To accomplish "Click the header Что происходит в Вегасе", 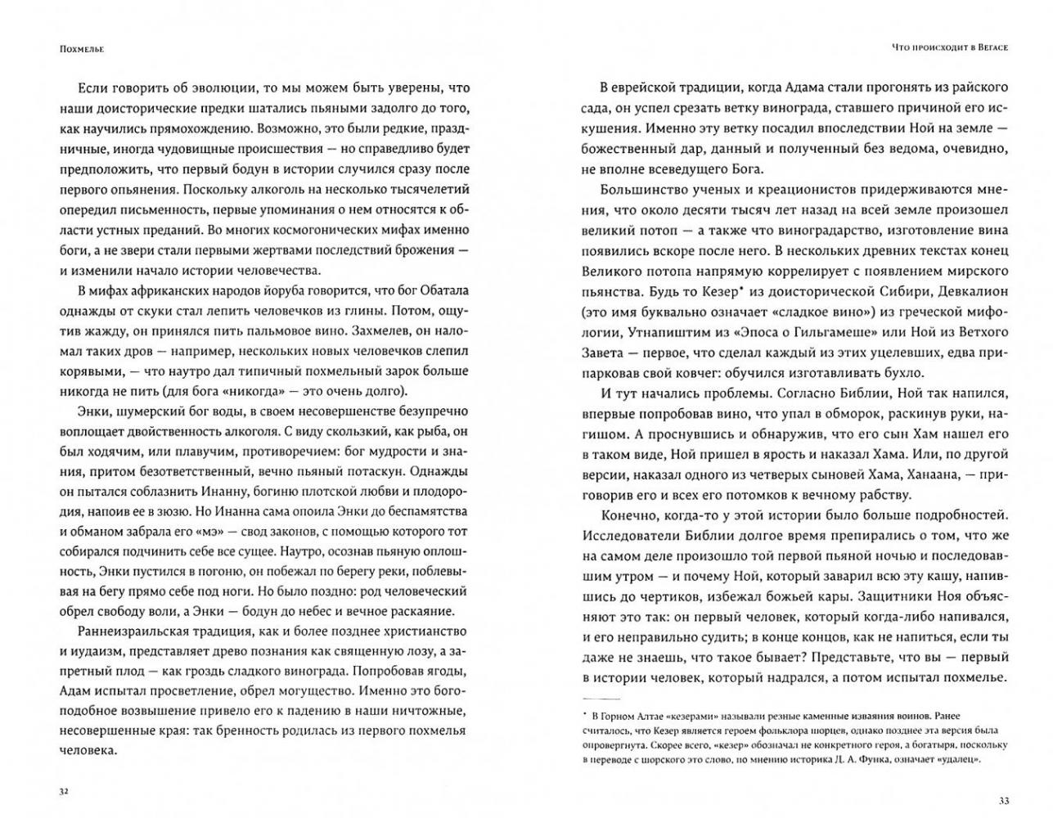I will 949,48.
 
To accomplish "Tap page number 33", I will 1002,798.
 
